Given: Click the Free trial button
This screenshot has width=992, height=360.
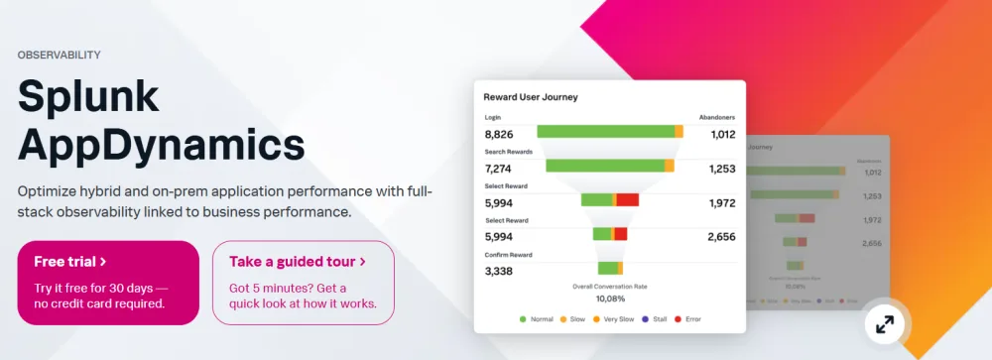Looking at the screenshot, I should click(x=108, y=282).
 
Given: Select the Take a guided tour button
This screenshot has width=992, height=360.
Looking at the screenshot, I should click(x=303, y=282).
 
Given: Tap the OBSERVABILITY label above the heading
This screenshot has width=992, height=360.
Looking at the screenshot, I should click(x=59, y=56).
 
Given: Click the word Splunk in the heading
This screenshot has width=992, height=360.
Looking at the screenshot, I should click(x=88, y=97).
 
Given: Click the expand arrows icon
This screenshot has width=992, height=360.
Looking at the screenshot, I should click(x=884, y=323).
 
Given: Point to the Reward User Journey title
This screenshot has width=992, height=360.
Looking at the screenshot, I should click(x=530, y=97).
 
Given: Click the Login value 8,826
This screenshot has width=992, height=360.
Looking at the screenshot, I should click(x=498, y=134).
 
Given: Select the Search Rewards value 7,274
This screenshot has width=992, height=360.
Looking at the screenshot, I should click(x=498, y=169).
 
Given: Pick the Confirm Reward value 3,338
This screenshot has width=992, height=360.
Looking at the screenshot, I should click(x=498, y=271).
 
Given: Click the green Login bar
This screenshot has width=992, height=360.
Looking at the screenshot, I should click(x=605, y=131).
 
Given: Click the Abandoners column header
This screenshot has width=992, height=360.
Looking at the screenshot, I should click(x=717, y=117).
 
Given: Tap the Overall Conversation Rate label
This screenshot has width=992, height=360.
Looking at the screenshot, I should click(x=610, y=286).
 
